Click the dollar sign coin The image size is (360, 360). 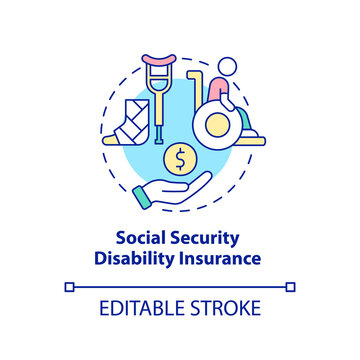[179, 158]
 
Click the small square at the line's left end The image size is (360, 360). [68, 286]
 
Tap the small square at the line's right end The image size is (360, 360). [292, 286]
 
